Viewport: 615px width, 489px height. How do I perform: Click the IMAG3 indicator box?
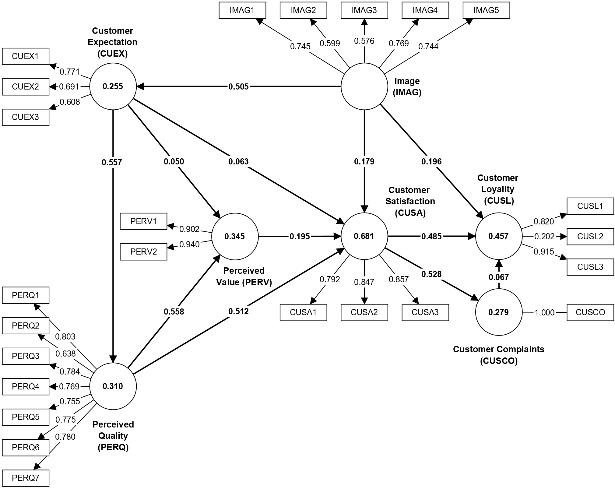pos(364,10)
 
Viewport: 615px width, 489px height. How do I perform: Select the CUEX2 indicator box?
pos(26,87)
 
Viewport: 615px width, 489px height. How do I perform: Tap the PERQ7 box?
pos(26,478)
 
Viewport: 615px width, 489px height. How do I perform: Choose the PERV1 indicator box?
pos(143,221)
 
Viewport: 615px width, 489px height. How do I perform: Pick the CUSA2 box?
pos(364,312)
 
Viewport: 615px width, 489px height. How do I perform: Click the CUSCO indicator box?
pos(590,312)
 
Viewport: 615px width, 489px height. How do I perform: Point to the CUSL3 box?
pos(590,267)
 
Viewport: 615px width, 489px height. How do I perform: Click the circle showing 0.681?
pos(364,236)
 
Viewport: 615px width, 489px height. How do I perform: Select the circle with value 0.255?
pos(113,86)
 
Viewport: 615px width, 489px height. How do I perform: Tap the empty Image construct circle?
pos(364,86)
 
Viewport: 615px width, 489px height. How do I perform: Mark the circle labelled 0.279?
pos(499,312)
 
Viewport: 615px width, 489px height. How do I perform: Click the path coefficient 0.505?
pos(239,87)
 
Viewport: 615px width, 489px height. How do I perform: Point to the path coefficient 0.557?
pos(112,163)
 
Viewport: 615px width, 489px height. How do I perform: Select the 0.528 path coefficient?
pos(431,274)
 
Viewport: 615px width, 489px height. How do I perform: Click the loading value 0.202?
pos(544,237)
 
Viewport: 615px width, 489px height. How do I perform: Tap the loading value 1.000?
pos(544,313)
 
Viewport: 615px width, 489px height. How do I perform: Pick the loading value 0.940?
pos(189,244)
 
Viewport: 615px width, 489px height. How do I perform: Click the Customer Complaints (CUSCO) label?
pos(499,355)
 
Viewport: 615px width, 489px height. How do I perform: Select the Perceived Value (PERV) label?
pos(244,276)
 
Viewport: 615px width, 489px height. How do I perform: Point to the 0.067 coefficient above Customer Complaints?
pos(499,277)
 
